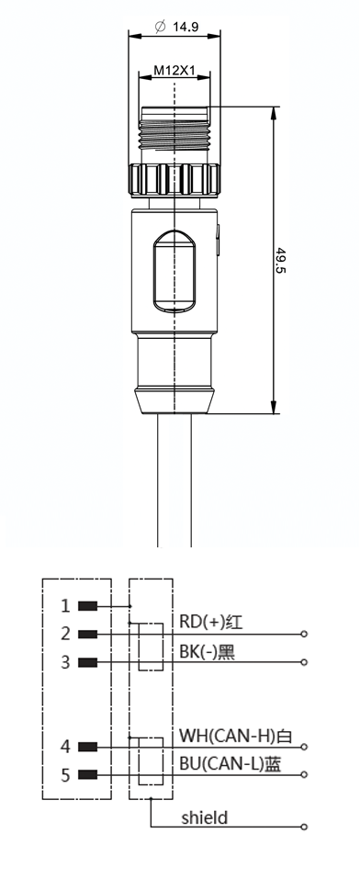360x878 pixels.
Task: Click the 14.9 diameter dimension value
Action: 186,27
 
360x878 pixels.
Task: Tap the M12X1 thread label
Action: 174,71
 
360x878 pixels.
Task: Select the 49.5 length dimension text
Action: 280,261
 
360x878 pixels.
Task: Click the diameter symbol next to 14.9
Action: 161,27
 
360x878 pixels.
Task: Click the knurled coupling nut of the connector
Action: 174,179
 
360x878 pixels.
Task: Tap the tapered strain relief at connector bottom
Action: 174,400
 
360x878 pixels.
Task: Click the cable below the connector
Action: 174,480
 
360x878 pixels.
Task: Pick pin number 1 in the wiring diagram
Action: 66,606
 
